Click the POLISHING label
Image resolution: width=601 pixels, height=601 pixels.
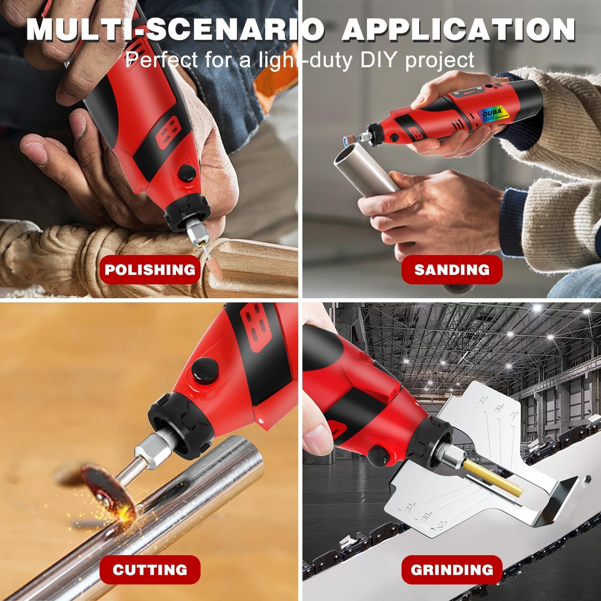coord(150,270)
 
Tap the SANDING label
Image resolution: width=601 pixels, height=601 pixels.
coord(452,270)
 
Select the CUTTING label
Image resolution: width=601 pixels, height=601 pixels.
coord(150,569)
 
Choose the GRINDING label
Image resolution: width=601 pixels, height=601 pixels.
coord(452,569)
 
